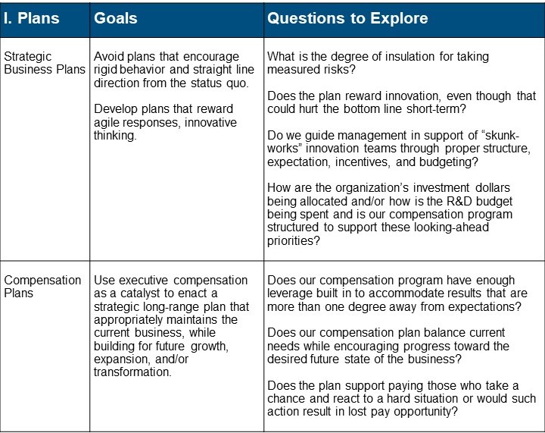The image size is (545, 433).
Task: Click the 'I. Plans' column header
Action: pyautogui.click(x=31, y=18)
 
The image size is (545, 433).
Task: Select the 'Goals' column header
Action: pyautogui.click(x=115, y=18)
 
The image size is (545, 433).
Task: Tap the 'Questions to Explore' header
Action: pyautogui.click(x=347, y=18)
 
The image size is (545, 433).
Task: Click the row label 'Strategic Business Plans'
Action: pyautogui.click(x=45, y=63)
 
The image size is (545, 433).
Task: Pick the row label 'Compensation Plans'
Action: pyautogui.click(x=42, y=287)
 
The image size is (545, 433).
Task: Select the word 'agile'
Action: pyautogui.click(x=107, y=123)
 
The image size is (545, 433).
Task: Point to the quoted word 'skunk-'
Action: pyautogui.click(x=500, y=135)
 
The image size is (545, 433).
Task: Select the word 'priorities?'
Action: pyautogui.click(x=293, y=241)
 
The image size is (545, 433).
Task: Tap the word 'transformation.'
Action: pyautogui.click(x=132, y=372)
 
